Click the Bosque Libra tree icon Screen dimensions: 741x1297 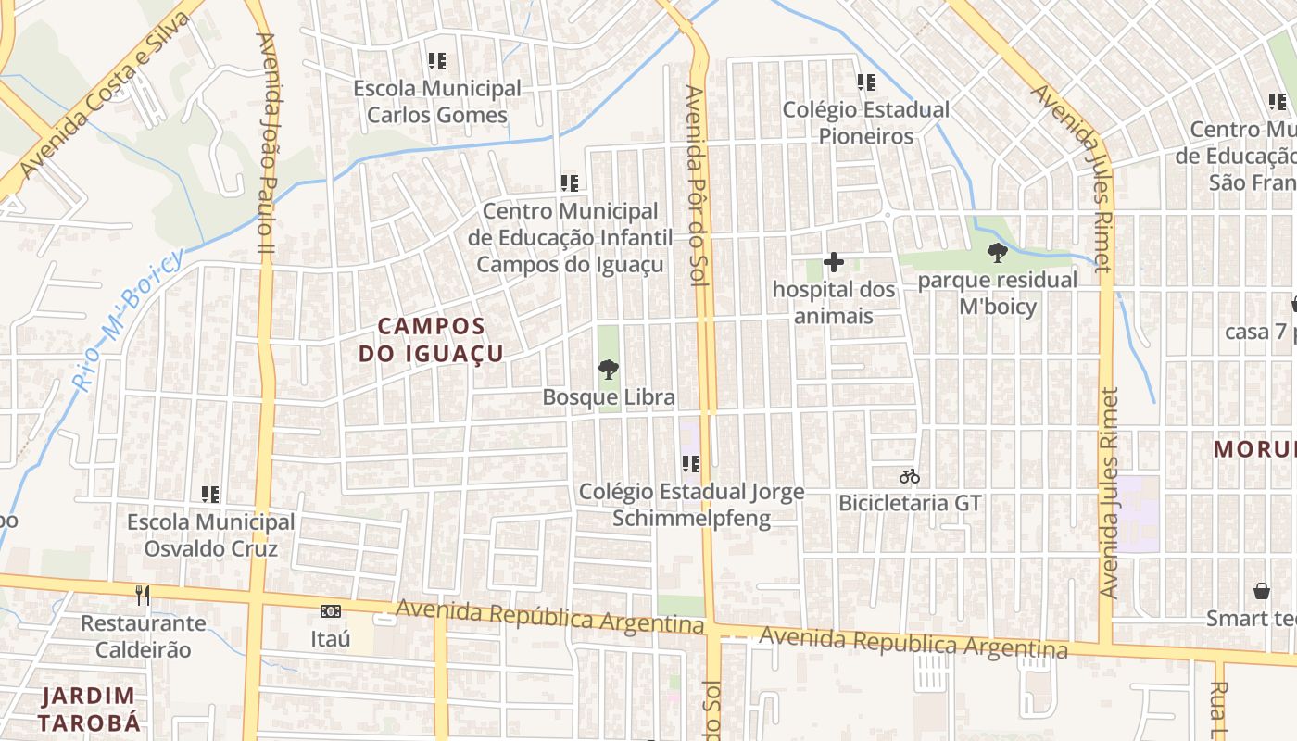(x=609, y=370)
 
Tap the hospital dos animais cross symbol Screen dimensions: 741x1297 (x=834, y=263)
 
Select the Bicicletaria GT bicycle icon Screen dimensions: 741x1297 (x=910, y=477)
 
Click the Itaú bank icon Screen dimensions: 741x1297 (x=331, y=611)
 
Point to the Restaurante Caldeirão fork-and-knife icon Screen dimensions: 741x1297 (x=142, y=595)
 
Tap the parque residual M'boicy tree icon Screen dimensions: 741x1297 (x=998, y=252)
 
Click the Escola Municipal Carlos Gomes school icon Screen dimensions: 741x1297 (x=437, y=62)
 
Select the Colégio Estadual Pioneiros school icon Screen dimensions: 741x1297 (x=866, y=82)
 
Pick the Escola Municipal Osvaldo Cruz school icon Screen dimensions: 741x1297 (x=210, y=495)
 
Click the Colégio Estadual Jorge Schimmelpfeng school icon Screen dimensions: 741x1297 (x=691, y=463)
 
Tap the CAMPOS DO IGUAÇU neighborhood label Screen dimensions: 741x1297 (x=432, y=339)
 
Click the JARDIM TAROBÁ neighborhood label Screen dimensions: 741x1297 (x=88, y=709)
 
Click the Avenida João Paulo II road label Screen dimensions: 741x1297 (x=267, y=144)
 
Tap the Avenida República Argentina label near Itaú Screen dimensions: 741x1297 (x=550, y=617)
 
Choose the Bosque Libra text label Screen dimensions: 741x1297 (x=609, y=397)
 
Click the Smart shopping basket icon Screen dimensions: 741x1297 (x=1261, y=591)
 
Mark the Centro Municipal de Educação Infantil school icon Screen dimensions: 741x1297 (x=569, y=183)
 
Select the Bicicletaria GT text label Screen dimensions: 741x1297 (x=910, y=503)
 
